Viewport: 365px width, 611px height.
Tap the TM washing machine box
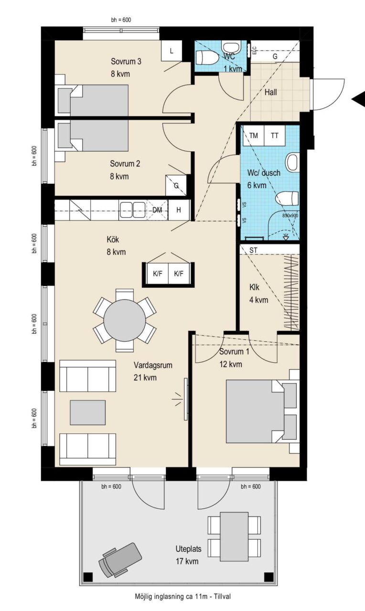click(254, 136)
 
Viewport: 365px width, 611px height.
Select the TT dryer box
click(275, 136)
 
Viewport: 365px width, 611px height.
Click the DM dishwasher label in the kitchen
click(157, 210)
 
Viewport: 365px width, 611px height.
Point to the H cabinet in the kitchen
click(179, 210)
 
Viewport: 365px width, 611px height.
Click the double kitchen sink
click(132, 210)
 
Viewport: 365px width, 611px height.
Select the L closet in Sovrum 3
click(172, 51)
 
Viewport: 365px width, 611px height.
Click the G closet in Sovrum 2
click(176, 185)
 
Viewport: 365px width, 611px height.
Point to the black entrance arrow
click(358, 99)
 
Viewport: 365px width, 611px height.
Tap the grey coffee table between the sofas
click(87, 412)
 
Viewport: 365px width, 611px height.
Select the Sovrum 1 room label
click(234, 352)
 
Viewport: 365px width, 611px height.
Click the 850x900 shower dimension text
click(290, 215)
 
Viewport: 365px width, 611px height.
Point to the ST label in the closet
click(253, 250)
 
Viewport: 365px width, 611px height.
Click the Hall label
click(270, 92)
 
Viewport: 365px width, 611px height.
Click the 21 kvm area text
click(145, 378)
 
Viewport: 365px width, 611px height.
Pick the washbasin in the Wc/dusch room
click(292, 162)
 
